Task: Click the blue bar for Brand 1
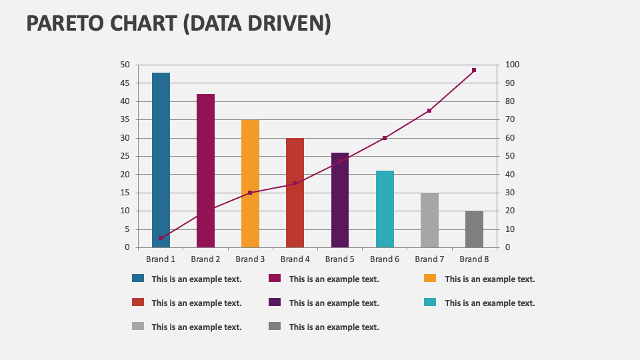point(161,160)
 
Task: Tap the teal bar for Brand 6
point(385,209)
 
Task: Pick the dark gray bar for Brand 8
point(474,229)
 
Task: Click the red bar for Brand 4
point(295,193)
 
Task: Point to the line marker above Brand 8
point(474,70)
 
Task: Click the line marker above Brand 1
point(161,238)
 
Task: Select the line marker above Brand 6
point(385,138)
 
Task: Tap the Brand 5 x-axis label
point(339,259)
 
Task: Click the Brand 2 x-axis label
point(205,259)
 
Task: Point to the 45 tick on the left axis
point(125,83)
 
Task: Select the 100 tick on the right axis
point(512,65)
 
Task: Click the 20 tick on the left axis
point(125,175)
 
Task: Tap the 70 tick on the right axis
point(510,120)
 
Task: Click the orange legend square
point(430,279)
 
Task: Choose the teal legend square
point(430,302)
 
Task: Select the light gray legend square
point(138,326)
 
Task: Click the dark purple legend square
point(275,302)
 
